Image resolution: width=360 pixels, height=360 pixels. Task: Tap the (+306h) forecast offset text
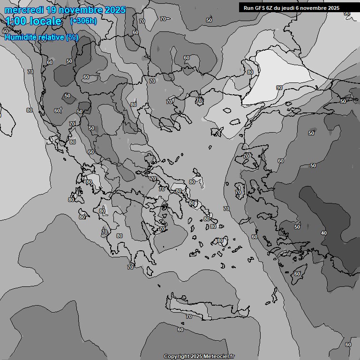pos(83,21)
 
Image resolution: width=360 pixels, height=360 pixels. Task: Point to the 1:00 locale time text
pos(34,22)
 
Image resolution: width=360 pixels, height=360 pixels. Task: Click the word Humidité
pos(20,37)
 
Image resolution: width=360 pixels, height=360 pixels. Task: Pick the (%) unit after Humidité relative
pos(72,37)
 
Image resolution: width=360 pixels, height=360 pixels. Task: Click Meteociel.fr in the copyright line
pos(218,357)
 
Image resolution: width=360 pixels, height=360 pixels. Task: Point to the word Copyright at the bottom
pos(176,357)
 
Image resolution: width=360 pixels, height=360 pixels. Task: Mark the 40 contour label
pos(323,233)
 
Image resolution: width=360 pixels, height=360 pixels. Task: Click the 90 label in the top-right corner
pos(347,14)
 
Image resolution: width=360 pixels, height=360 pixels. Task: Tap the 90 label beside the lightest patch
pos(279,88)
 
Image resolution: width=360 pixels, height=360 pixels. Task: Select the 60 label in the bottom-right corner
pos(348,345)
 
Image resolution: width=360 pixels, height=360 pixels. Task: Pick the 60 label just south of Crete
pos(180,330)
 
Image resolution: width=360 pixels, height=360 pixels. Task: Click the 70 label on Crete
pos(189,317)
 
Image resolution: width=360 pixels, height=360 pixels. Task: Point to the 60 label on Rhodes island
pos(297,273)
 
